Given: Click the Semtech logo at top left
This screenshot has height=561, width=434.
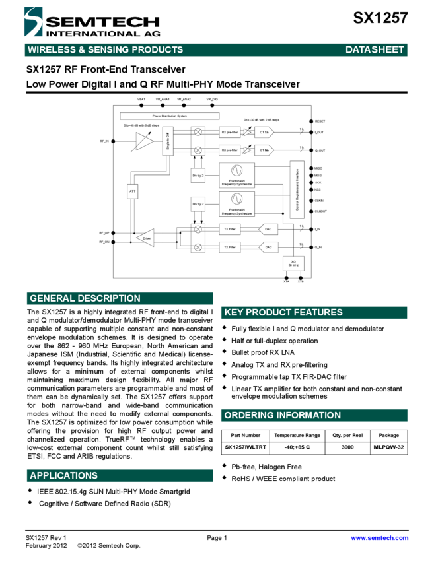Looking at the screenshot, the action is tap(92, 22).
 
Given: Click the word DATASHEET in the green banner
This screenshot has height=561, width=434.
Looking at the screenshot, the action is tap(375, 49).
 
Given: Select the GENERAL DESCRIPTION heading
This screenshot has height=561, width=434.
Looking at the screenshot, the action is tap(85, 298).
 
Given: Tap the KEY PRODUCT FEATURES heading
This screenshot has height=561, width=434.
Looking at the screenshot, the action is tap(283, 312).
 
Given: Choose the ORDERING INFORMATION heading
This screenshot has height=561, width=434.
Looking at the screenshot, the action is tap(282, 415).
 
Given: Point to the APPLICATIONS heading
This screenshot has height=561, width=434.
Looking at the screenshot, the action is tap(63, 475).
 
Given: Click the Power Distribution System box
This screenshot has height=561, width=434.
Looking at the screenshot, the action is tap(170, 115).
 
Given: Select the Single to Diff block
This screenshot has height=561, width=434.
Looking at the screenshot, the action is tap(168, 141).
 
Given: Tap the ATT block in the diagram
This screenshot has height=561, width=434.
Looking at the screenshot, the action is tap(132, 191).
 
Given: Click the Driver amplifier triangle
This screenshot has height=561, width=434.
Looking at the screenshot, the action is tap(145, 238).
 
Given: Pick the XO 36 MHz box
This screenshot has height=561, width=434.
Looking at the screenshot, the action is tap(293, 263).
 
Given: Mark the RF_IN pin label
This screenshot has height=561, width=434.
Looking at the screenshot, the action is tap(104, 141).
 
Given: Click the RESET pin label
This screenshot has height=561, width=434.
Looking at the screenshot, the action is tap(320, 121).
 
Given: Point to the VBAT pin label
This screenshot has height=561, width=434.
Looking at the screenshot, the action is tap(141, 99).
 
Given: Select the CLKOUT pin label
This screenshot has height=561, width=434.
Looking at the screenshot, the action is tap(321, 211).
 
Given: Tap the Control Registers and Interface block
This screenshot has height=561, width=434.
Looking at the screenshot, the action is tap(297, 189).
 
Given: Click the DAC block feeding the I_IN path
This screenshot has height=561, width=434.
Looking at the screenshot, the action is tap(268, 229).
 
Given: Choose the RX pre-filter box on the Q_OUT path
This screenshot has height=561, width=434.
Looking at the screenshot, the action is tap(230, 150).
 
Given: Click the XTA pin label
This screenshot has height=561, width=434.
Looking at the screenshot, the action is tap(286, 282).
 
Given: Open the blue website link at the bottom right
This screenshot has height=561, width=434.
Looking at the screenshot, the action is tap(380, 538).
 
